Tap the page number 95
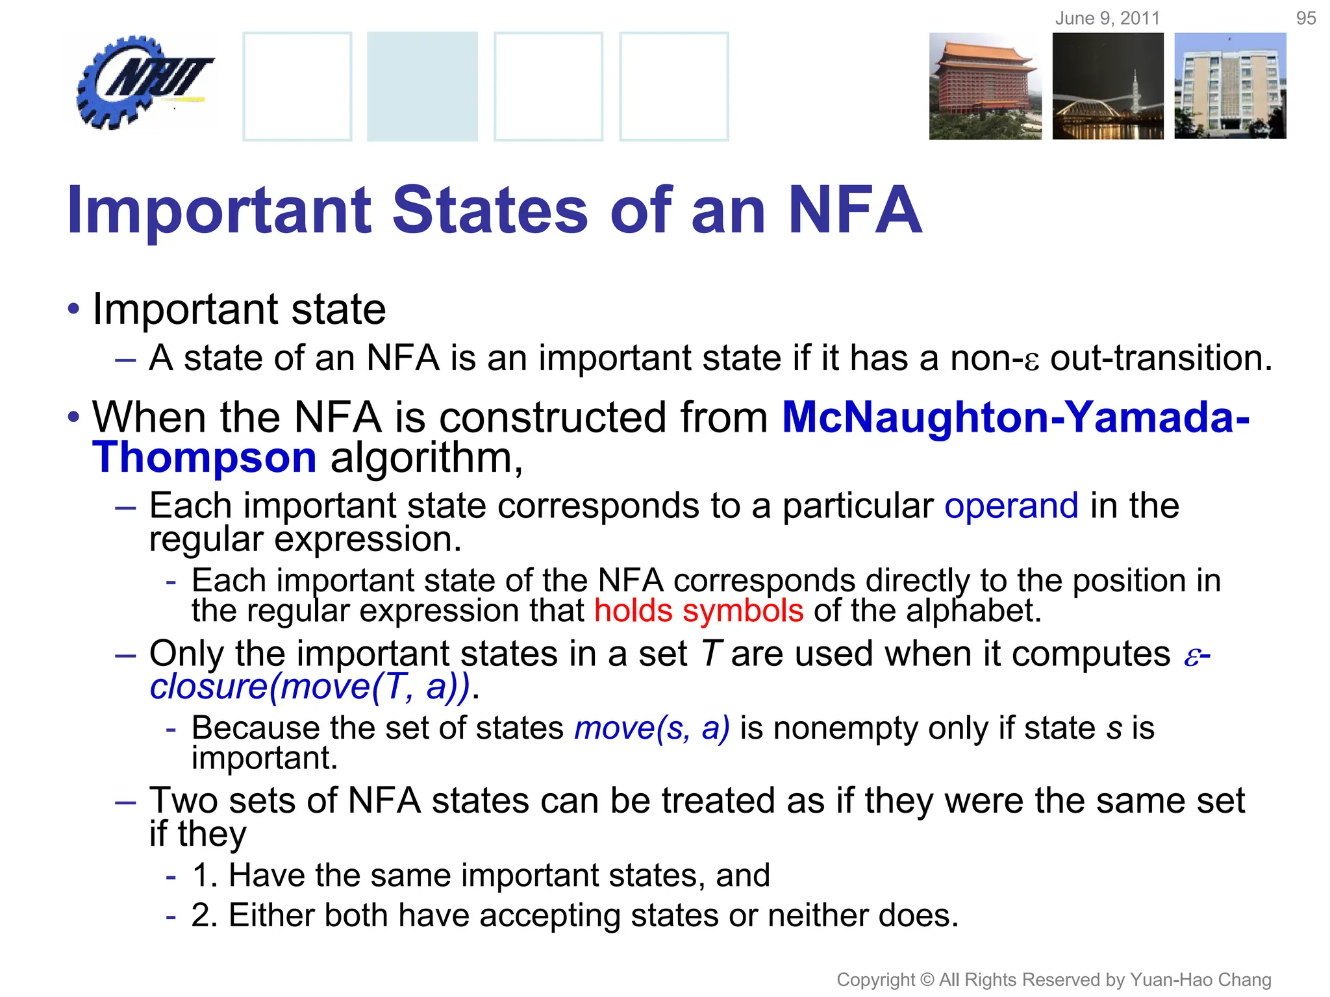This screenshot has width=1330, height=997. (1305, 18)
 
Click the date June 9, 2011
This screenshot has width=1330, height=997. (1107, 18)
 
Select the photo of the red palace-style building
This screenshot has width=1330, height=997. (985, 86)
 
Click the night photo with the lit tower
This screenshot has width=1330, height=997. (1108, 86)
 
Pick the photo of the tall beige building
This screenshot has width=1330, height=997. (1230, 86)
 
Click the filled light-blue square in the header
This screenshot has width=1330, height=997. (422, 86)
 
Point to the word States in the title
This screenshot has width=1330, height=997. (490, 210)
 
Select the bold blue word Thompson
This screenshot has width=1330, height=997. (205, 458)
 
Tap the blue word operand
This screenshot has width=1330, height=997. (1011, 506)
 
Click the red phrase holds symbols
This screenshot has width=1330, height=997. (699, 611)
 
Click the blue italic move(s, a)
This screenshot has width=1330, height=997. (652, 728)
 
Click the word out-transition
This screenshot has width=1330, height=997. (1161, 358)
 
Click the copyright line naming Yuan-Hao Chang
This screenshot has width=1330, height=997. (1053, 979)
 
